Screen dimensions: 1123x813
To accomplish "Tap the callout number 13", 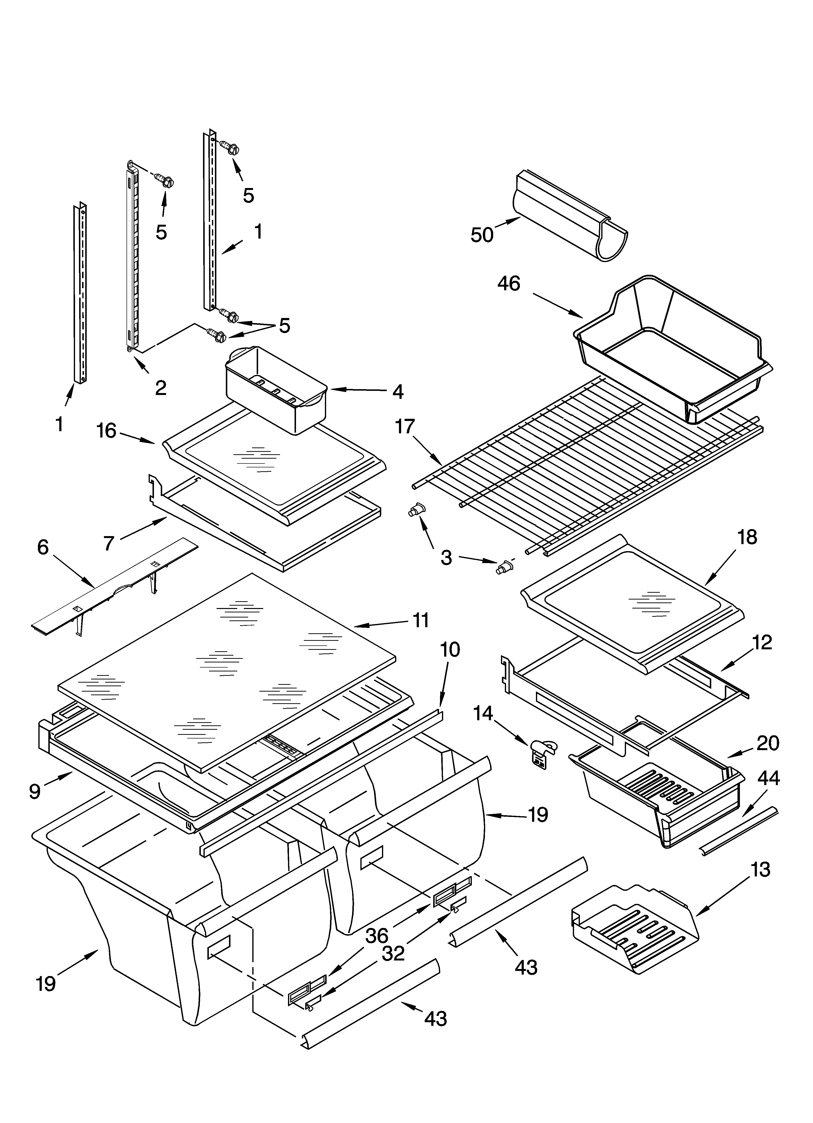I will (x=761, y=870).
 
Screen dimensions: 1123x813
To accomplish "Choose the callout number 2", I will (x=161, y=388).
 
